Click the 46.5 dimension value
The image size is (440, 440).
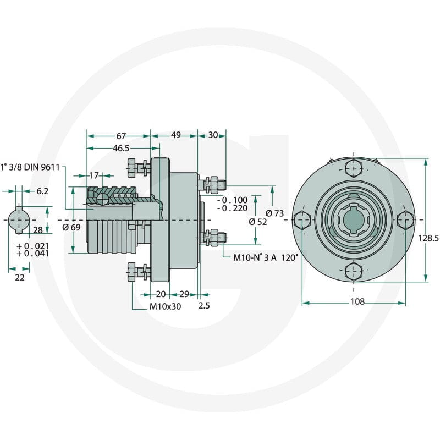click(x=121, y=148)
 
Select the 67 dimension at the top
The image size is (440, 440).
click(x=121, y=136)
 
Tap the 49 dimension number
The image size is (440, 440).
click(x=176, y=135)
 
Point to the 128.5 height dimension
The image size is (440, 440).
click(x=428, y=238)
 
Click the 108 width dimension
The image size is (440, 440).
click(x=357, y=301)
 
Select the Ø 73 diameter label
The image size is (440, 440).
click(x=274, y=213)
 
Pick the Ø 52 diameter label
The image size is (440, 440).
click(x=258, y=222)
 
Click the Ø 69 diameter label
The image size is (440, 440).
click(x=71, y=227)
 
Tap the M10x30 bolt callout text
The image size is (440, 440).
click(x=165, y=306)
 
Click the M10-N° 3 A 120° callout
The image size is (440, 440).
click(x=265, y=257)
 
